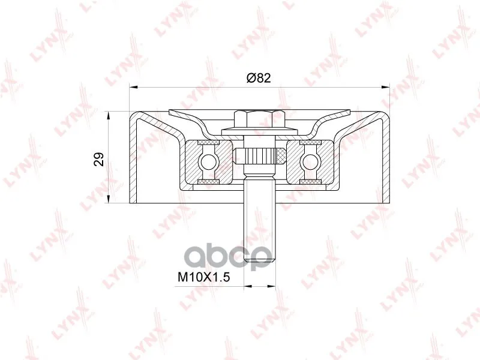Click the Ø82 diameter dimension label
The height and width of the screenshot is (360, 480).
click(259, 78)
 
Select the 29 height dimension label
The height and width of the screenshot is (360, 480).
click(99, 159)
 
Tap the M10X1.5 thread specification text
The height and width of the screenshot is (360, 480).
click(203, 277)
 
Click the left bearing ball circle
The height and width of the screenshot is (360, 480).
click(208, 161)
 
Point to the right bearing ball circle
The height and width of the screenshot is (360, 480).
click(309, 161)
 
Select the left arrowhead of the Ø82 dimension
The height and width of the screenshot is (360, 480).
click(133, 88)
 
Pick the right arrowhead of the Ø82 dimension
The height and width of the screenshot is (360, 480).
click(385, 88)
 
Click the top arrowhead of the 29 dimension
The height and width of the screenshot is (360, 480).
click(109, 116)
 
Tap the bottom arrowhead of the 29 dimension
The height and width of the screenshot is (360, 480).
click(109, 199)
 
